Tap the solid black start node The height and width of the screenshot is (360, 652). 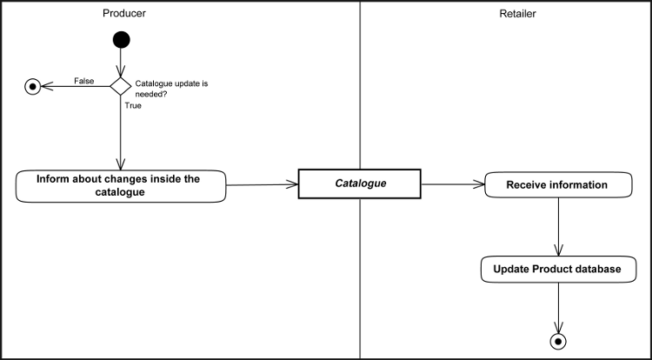click(x=121, y=39)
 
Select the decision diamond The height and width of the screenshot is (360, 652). click(x=120, y=85)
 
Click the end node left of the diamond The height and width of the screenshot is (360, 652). click(x=33, y=86)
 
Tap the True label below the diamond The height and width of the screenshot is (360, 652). click(x=134, y=105)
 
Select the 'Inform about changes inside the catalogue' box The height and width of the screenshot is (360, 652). click(x=120, y=186)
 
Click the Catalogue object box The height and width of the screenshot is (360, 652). click(x=359, y=184)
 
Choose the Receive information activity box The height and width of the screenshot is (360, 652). click(x=556, y=184)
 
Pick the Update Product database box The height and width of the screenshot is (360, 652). click(x=557, y=270)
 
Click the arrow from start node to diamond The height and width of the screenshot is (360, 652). click(x=121, y=59)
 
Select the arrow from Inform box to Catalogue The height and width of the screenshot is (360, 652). click(x=261, y=184)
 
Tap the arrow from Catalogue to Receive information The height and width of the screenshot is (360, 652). click(x=452, y=184)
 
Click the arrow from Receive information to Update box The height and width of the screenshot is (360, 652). click(x=556, y=226)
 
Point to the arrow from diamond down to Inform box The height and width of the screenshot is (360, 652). click(x=120, y=135)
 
